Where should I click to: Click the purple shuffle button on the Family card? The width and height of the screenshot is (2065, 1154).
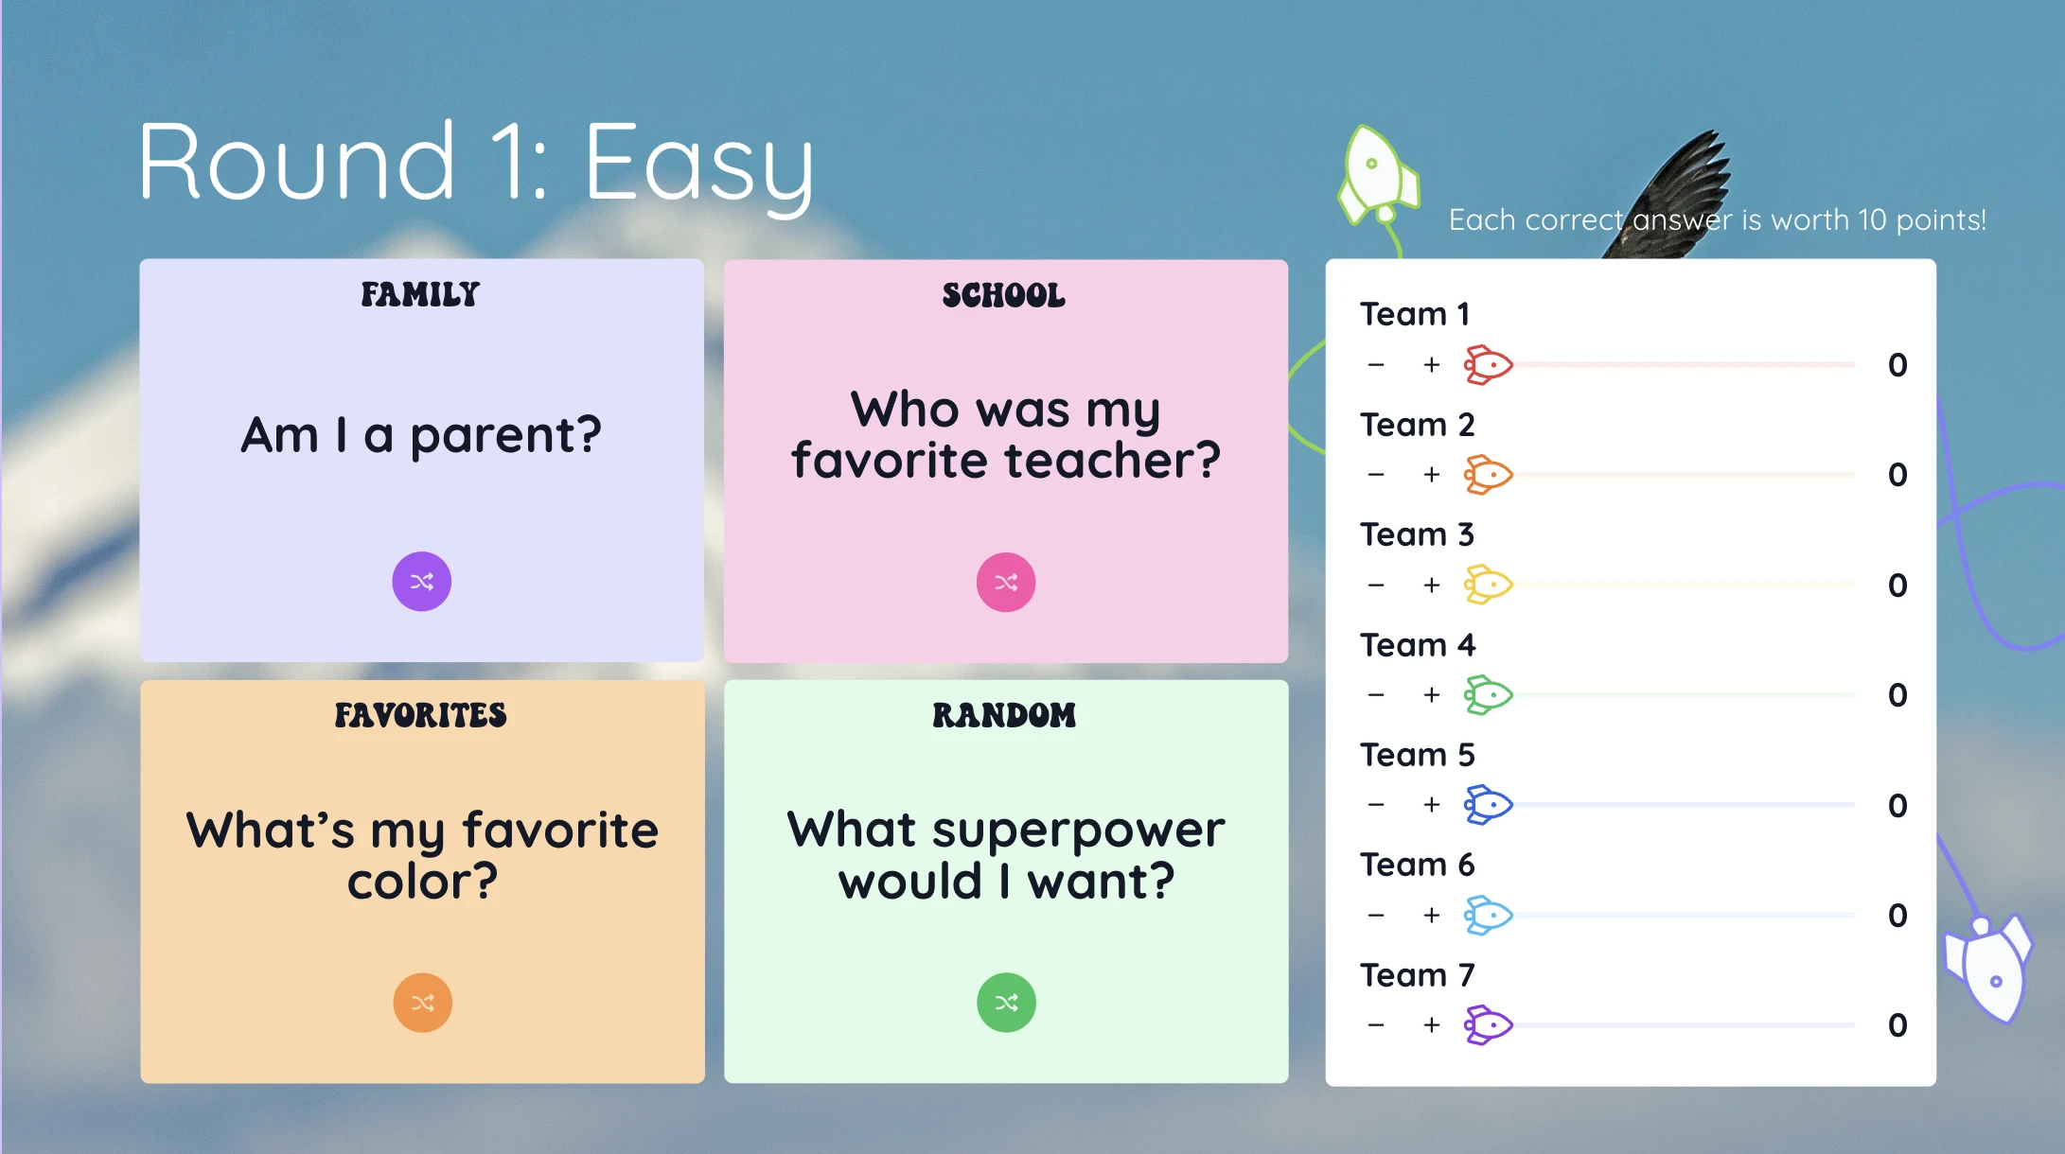[x=421, y=581]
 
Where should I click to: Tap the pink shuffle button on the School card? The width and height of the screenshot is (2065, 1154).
[x=1005, y=582]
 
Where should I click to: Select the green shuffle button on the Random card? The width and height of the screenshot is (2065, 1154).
[x=1006, y=1002]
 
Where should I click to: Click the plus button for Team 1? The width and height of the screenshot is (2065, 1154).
[x=1432, y=365]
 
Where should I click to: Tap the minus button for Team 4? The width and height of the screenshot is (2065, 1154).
[x=1376, y=695]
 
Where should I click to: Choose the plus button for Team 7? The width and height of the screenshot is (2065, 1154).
[x=1432, y=1024]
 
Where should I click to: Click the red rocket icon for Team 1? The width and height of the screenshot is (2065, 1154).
[x=1489, y=365]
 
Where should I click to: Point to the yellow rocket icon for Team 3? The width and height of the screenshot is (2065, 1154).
[x=1489, y=585]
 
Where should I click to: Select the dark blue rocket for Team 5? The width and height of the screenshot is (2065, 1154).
[x=1489, y=805]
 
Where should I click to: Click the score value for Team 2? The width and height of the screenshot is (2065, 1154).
[x=1897, y=475]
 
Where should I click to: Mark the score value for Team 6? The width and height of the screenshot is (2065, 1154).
[x=1897, y=915]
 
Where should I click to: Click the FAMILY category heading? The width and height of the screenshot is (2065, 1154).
[x=420, y=294]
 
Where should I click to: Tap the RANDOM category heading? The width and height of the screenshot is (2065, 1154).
[x=1004, y=715]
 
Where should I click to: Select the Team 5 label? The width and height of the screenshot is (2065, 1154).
[x=1417, y=755]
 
